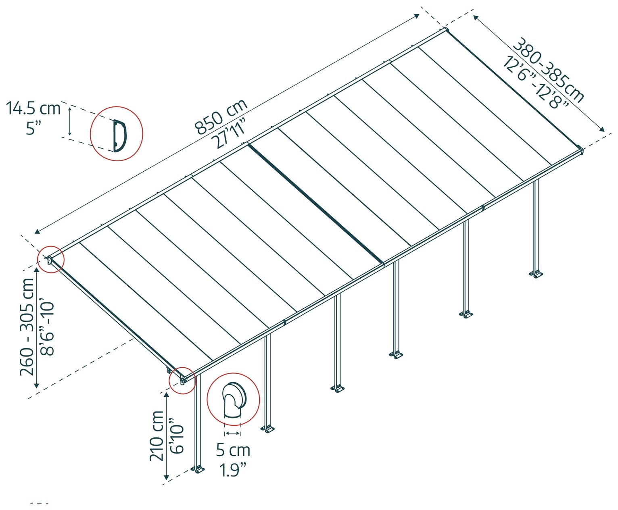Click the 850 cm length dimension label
click(221, 116)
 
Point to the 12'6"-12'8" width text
click(535, 82)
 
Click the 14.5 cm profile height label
click(33, 108)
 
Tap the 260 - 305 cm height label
click(27, 327)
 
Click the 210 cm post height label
click(156, 436)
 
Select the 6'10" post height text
click(177, 436)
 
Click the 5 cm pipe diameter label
click(233, 450)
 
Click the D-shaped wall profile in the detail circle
click(119, 135)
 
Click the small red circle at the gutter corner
click(182, 380)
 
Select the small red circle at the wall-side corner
click(50, 259)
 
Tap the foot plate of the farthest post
click(536, 274)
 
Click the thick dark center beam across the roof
click(315, 203)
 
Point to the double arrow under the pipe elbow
click(233, 433)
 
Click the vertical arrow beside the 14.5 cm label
click(70, 121)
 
